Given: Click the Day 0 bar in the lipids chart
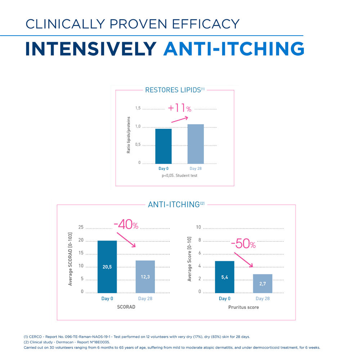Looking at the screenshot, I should [x=163, y=146].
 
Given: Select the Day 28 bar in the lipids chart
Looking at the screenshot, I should [x=195, y=144].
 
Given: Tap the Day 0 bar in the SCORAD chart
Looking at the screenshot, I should [x=107, y=266].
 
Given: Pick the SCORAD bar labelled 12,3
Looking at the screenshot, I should [x=145, y=276].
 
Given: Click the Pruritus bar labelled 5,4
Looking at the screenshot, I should [x=225, y=277].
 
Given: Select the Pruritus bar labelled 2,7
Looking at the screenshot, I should [x=263, y=283].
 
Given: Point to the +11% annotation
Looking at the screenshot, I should [x=179, y=108].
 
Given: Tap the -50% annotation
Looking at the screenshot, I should [x=243, y=244].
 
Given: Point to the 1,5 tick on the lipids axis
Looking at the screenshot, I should [x=138, y=108].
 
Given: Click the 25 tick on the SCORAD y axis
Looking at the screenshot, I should [x=81, y=227].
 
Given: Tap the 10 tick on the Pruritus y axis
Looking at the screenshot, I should [x=198, y=227].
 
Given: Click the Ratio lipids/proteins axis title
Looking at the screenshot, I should [x=129, y=135].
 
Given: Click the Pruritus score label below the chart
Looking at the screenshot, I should [x=243, y=307].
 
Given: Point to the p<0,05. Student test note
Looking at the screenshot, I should [x=179, y=176].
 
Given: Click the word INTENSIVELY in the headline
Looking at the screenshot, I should [x=91, y=49].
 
